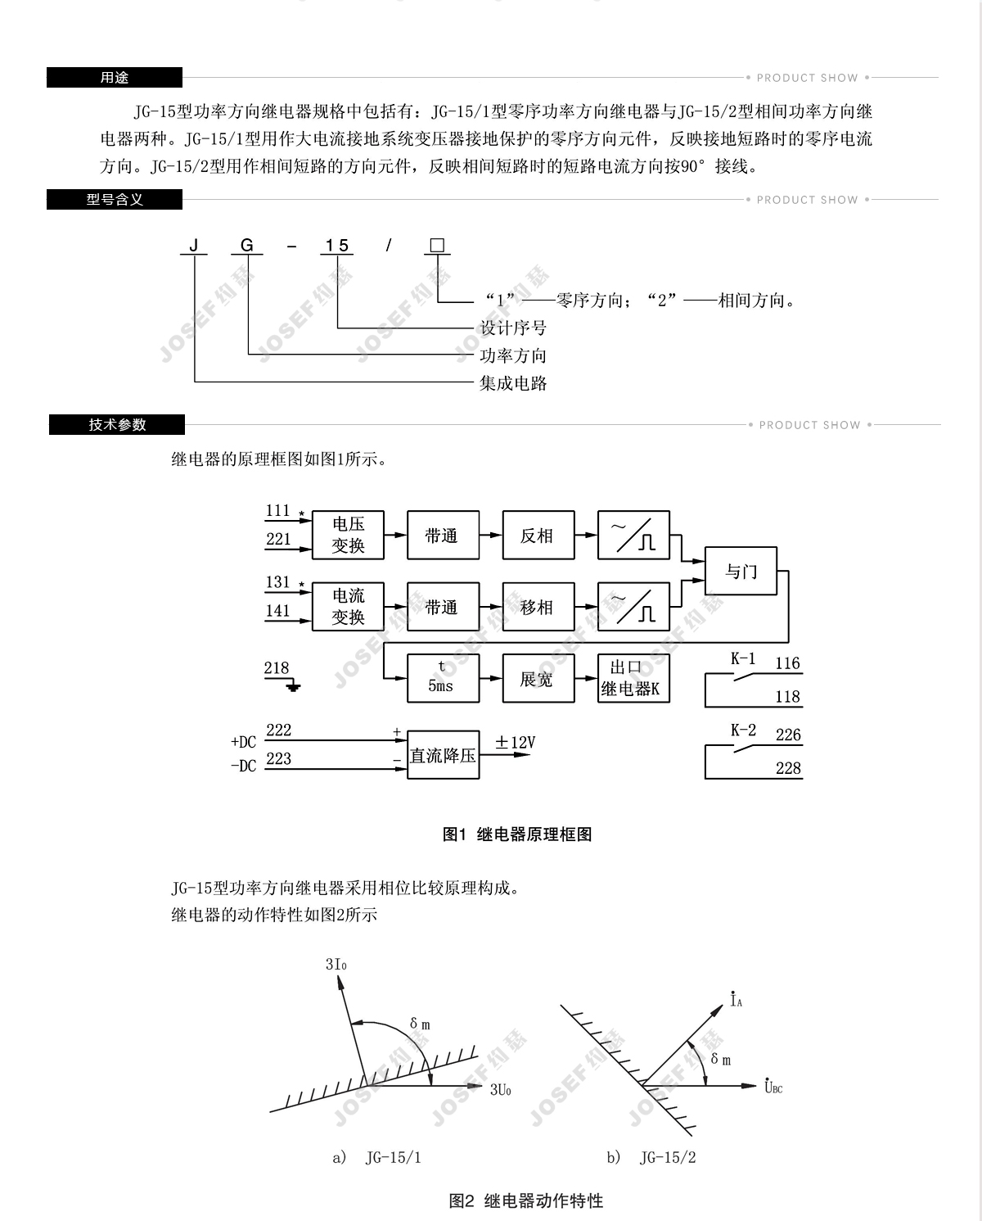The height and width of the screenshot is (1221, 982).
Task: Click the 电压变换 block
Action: (348, 536)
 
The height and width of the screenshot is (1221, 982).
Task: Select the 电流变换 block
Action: (348, 607)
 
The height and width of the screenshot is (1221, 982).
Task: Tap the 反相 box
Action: (538, 536)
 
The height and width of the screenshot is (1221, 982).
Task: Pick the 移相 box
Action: (538, 607)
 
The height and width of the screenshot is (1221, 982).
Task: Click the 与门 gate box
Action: (741, 572)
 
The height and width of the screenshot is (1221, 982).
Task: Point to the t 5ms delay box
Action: (443, 677)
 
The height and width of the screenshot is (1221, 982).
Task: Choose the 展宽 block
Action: (538, 678)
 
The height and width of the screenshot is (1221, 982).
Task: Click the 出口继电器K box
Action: (633, 678)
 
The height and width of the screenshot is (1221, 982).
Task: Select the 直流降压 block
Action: (443, 755)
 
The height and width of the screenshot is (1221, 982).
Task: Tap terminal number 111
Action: (278, 511)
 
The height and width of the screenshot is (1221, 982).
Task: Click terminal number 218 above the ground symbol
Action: (277, 668)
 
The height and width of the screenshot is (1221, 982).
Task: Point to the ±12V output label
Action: (515, 743)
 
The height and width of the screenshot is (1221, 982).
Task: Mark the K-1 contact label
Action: (743, 658)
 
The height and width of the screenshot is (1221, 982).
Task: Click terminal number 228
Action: (788, 768)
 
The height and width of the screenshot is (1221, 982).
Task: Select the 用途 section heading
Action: (115, 78)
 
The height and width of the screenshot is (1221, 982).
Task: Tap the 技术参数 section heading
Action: (117, 425)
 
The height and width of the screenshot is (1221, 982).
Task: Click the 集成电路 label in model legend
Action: (513, 383)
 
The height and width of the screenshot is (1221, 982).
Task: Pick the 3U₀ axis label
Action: (501, 1090)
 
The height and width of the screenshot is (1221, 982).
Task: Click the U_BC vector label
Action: (773, 1087)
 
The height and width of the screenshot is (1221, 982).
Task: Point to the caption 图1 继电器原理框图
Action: (516, 834)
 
